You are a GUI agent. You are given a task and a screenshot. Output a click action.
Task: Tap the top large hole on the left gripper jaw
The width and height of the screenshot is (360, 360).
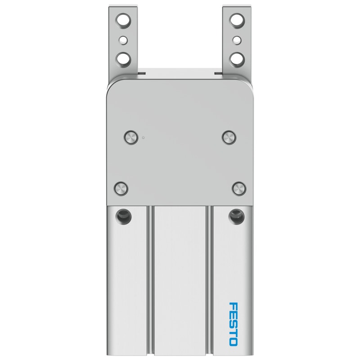point(123,20)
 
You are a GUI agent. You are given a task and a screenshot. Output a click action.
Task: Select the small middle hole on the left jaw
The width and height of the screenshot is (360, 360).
point(123,40)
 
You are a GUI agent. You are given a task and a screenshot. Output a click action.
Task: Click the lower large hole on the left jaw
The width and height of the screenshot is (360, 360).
point(123,59)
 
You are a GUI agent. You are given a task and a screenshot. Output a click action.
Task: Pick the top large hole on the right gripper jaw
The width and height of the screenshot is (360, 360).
point(237,20)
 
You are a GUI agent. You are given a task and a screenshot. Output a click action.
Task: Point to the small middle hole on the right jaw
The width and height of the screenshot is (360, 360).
point(237,40)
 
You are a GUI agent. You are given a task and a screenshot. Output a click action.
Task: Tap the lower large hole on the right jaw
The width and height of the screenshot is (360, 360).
point(238,59)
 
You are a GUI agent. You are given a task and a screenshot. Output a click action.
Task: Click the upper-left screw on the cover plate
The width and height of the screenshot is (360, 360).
point(131,138)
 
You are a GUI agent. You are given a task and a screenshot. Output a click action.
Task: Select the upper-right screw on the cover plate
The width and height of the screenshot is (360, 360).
point(229,137)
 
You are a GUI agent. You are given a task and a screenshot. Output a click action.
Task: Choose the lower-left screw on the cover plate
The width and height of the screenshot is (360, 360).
point(121,189)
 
